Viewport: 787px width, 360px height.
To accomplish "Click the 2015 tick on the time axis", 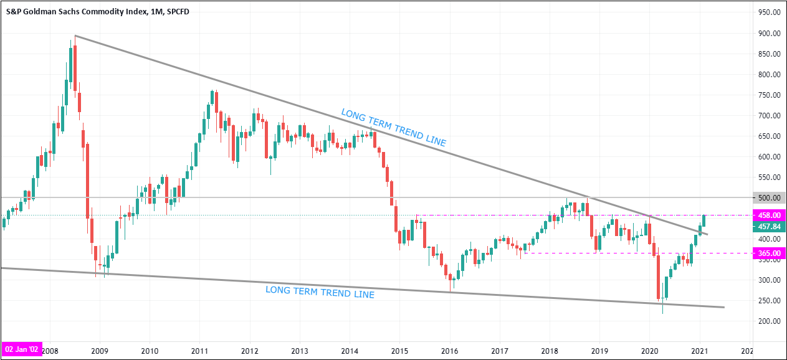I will (x=399, y=350).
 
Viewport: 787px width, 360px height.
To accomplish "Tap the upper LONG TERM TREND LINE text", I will (x=393, y=128).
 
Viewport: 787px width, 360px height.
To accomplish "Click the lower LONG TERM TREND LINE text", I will (x=320, y=291).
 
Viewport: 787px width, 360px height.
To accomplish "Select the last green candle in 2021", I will (x=704, y=221).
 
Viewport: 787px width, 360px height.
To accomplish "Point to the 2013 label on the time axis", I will (x=300, y=350).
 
